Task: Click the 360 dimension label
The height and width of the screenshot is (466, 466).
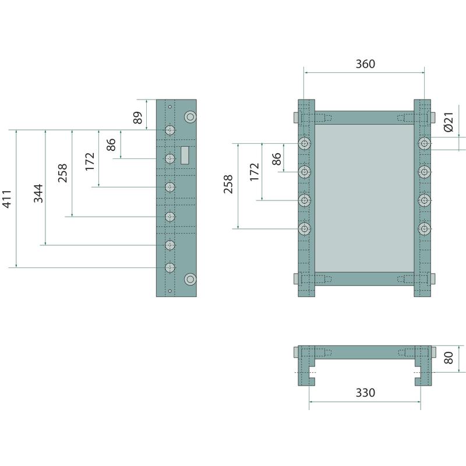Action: tap(365, 64)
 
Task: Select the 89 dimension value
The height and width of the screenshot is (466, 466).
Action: tap(137, 118)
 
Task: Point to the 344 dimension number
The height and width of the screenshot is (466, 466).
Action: tap(38, 193)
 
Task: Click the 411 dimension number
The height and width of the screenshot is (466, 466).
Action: tap(7, 199)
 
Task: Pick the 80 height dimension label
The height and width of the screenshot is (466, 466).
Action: tap(449, 358)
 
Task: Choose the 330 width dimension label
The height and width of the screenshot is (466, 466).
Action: tap(365, 393)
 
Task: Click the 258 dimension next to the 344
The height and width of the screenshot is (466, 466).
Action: tap(63, 173)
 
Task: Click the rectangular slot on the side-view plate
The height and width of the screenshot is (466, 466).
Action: tap(185, 155)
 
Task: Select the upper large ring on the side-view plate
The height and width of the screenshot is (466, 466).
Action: tap(189, 116)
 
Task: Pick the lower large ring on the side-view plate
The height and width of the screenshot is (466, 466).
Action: tap(189, 279)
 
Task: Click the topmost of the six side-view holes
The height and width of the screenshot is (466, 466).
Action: tap(170, 130)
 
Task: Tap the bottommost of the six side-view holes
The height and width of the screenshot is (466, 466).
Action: tap(170, 267)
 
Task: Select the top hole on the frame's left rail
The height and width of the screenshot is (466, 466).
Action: tap(305, 143)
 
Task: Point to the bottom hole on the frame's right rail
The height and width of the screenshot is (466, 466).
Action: tap(425, 229)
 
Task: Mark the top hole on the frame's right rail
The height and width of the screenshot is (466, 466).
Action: tap(425, 143)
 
